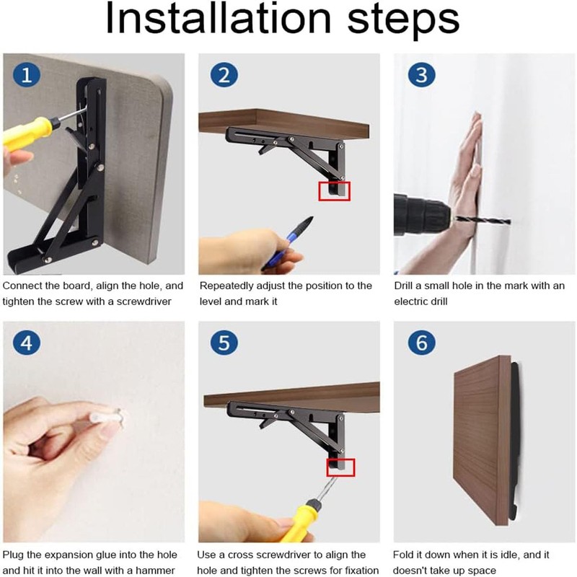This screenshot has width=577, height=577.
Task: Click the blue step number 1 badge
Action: point(27,75)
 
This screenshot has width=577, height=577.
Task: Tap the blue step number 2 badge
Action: point(224,75)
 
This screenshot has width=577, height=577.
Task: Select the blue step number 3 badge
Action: point(422,75)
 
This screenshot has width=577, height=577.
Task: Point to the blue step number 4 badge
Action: point(27,343)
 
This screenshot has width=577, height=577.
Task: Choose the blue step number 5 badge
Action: point(224,343)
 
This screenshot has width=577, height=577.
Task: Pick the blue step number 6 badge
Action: point(422,343)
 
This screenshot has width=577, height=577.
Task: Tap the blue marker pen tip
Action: point(307,223)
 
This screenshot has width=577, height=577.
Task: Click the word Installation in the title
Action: point(219,19)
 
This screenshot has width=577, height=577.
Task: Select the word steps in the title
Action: point(403,21)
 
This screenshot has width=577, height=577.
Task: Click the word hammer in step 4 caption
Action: point(155,570)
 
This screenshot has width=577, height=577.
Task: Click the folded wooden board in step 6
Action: point(482,440)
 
